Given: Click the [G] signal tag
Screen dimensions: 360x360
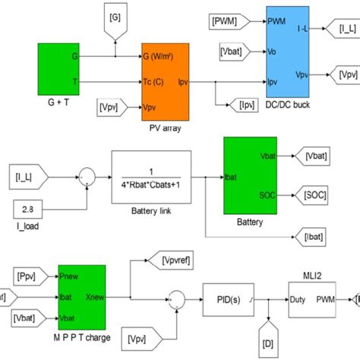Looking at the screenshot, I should pyautogui.click(x=115, y=15).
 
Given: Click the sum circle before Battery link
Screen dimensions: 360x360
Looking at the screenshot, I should pyautogui.click(x=89, y=178).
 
